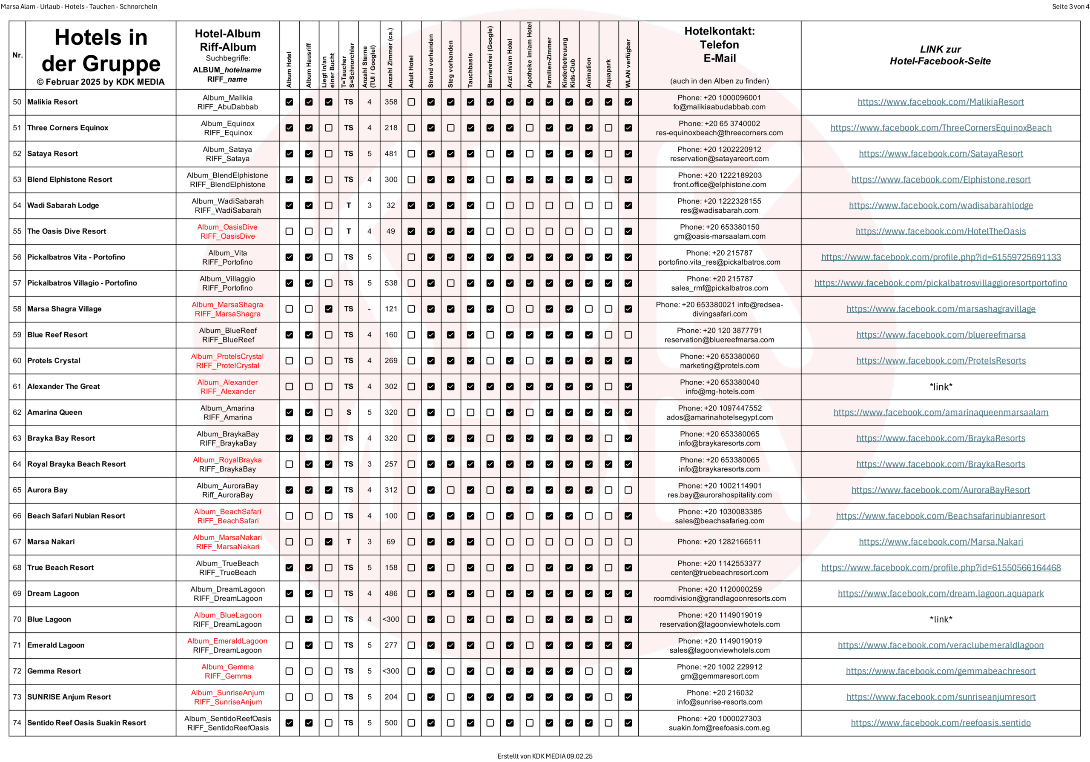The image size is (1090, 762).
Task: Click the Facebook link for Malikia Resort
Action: click(940, 102)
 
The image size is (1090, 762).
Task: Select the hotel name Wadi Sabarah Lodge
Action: click(63, 205)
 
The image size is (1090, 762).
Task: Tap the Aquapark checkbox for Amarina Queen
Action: click(608, 412)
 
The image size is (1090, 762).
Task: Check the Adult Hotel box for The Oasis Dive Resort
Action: click(411, 231)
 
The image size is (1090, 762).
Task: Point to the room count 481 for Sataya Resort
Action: click(391, 154)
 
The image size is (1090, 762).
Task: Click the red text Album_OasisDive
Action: click(227, 227)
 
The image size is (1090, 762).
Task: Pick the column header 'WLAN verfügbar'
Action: click(628, 63)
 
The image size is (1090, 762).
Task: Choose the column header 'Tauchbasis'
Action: click(470, 70)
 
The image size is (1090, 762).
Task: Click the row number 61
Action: click(17, 387)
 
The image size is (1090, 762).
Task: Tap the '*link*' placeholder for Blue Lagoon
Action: click(941, 619)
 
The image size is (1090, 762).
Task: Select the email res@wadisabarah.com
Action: click(719, 210)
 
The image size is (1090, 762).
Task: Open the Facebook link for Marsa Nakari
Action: click(941, 542)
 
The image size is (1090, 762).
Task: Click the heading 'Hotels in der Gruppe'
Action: click(100, 50)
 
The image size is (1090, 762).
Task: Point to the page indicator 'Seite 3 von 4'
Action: click(1070, 7)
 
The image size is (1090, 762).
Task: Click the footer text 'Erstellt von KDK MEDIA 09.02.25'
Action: click(545, 756)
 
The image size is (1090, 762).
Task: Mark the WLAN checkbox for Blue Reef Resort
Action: click(628, 335)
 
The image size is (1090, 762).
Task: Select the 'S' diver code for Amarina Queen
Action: click(348, 412)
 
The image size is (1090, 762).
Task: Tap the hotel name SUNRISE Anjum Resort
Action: click(69, 697)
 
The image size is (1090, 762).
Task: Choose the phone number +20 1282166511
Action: click(719, 542)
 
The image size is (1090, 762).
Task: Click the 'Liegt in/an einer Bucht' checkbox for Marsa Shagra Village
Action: click(329, 309)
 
